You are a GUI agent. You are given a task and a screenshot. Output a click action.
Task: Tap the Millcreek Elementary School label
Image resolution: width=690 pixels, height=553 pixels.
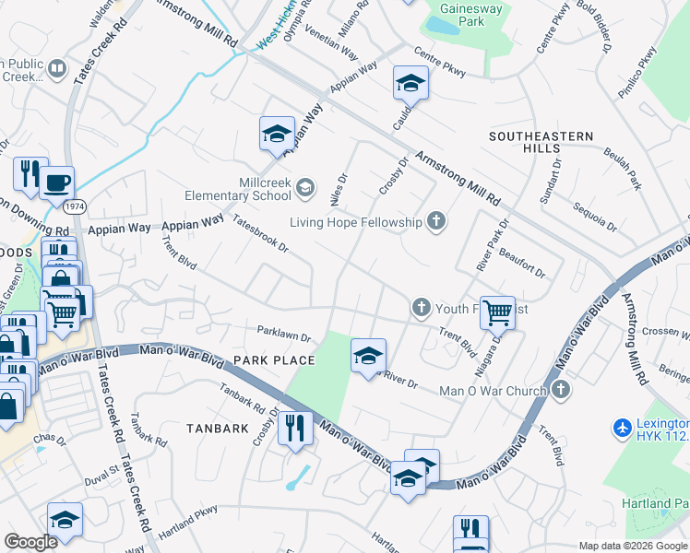tap(238, 189)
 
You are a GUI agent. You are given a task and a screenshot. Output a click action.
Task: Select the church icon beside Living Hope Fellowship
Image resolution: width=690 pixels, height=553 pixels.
tap(436, 221)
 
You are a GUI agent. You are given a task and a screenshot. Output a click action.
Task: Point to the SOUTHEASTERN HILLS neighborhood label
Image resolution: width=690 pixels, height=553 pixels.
tap(541, 142)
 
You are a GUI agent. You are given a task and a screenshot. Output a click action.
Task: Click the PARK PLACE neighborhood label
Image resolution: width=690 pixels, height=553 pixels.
tap(274, 359)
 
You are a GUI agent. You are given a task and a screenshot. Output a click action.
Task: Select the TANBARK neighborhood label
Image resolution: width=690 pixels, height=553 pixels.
tap(218, 429)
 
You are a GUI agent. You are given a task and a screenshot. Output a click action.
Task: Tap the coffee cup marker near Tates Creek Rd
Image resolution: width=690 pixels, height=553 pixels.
tap(56, 182)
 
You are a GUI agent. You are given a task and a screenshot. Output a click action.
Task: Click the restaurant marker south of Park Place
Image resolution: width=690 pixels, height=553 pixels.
tap(295, 428)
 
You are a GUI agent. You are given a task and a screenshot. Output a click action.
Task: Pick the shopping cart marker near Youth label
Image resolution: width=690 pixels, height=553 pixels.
tap(497, 312)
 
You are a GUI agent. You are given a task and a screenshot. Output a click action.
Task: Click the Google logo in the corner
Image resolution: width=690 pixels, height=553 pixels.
tap(30, 542)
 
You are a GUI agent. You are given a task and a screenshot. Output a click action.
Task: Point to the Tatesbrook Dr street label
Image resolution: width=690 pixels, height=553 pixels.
tap(261, 234)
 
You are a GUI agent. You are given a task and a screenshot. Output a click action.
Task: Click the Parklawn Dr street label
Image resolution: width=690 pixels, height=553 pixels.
tap(284, 336)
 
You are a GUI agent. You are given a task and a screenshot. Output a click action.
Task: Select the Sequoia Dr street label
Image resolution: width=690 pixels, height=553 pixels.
tap(593, 218)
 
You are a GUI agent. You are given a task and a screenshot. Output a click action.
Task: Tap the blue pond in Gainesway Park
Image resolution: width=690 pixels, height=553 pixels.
tap(442, 27)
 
